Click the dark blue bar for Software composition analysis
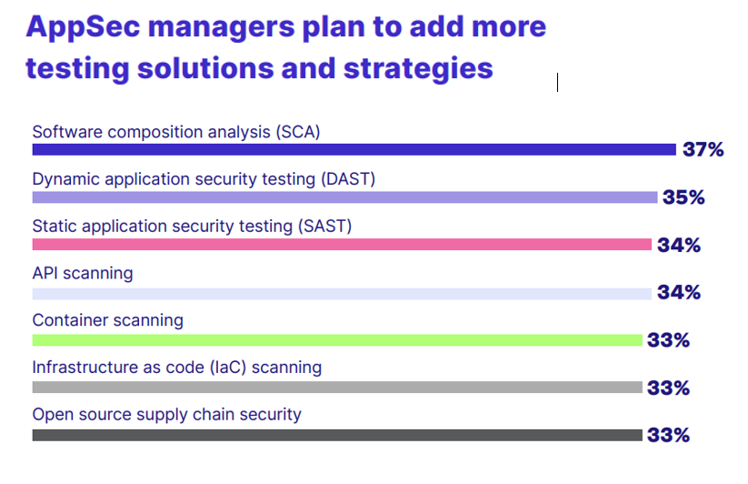coord(354,150)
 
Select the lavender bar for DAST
coord(344,197)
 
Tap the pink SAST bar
coord(342,245)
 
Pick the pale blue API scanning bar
coord(342,294)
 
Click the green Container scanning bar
coord(337,340)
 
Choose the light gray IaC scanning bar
coord(337,387)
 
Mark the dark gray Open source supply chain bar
coord(337,435)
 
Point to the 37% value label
coord(703,149)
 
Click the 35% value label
coord(683,197)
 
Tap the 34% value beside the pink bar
coord(679,245)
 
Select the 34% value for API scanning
coord(679,292)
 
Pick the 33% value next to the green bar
coord(668,340)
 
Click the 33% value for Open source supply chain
coord(668,435)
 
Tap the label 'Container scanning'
coord(108,320)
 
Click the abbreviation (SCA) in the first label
coord(298,132)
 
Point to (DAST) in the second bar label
coord(348,179)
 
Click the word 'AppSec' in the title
coord(83,27)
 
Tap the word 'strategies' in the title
coord(418,69)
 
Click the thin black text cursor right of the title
coord(557,82)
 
